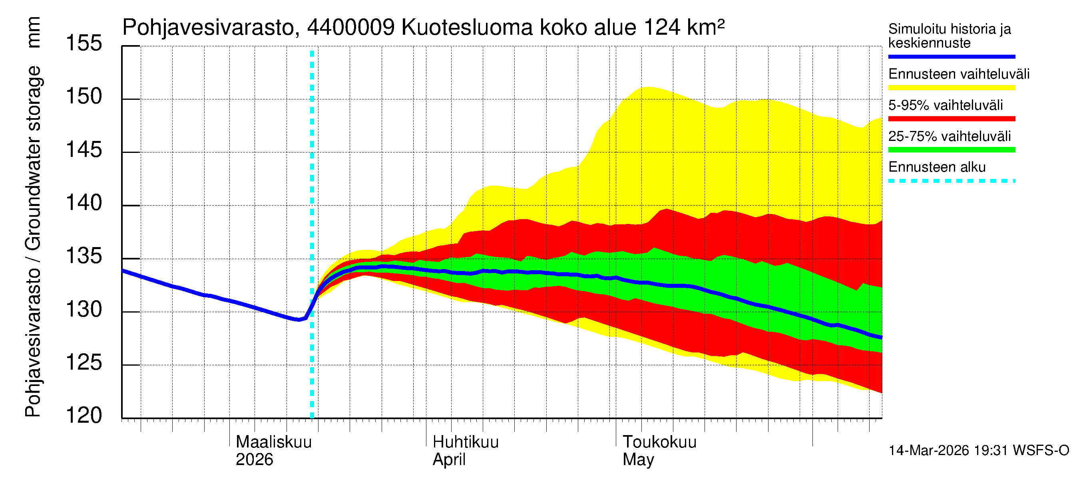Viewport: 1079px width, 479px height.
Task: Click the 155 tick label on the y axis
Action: coord(84,44)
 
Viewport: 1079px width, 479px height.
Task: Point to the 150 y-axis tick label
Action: coord(84,97)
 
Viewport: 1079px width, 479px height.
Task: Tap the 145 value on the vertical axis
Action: coord(84,150)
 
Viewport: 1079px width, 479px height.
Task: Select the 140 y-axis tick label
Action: coord(84,203)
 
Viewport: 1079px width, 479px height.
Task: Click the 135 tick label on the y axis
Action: coord(84,256)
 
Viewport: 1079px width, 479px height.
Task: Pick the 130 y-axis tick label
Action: coord(84,310)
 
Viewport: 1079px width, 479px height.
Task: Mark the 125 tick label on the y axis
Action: coord(84,363)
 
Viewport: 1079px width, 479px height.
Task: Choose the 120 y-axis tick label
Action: coord(84,416)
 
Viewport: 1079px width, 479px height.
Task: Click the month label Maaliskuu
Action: coord(273,442)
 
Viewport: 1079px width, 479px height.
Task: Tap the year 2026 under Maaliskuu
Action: coord(254,460)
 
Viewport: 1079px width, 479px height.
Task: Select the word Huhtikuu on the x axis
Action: coord(465,442)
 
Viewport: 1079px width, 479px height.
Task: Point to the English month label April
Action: coord(449,460)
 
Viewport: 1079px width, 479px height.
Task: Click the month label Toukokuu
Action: coord(659,442)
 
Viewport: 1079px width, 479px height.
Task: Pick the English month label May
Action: coord(638,460)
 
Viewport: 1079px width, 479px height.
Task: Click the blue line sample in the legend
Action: coord(951,56)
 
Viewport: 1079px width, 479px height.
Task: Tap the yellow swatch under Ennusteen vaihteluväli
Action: coord(951,88)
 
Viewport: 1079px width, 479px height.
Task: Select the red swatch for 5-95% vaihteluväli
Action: coord(951,119)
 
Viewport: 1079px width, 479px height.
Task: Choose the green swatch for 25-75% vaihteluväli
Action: coord(951,150)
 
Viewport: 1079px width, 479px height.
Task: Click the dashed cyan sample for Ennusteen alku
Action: coord(951,181)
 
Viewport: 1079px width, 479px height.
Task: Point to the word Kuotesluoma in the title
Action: coord(467,28)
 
